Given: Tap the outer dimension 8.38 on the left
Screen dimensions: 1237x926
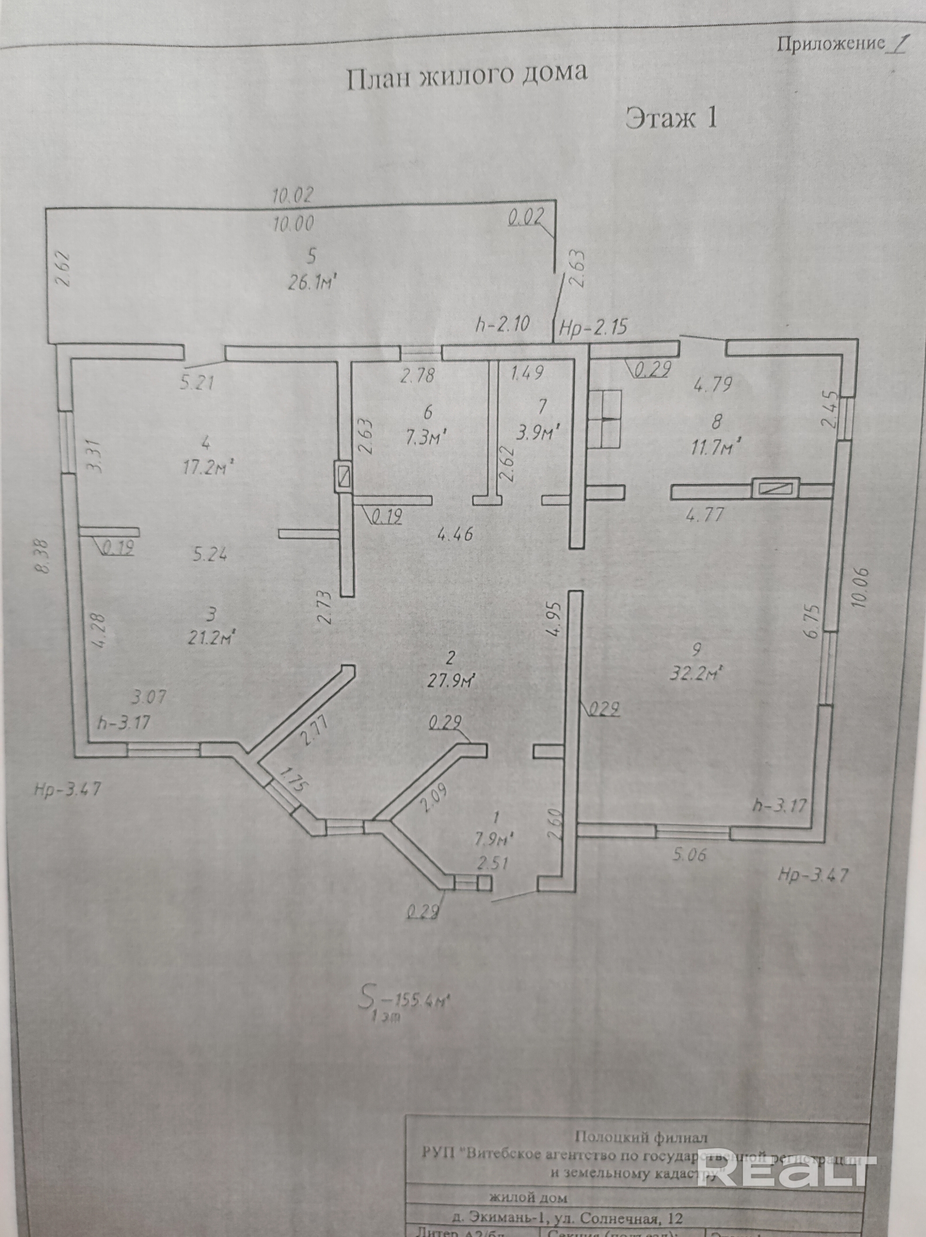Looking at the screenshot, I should click(43, 555).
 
